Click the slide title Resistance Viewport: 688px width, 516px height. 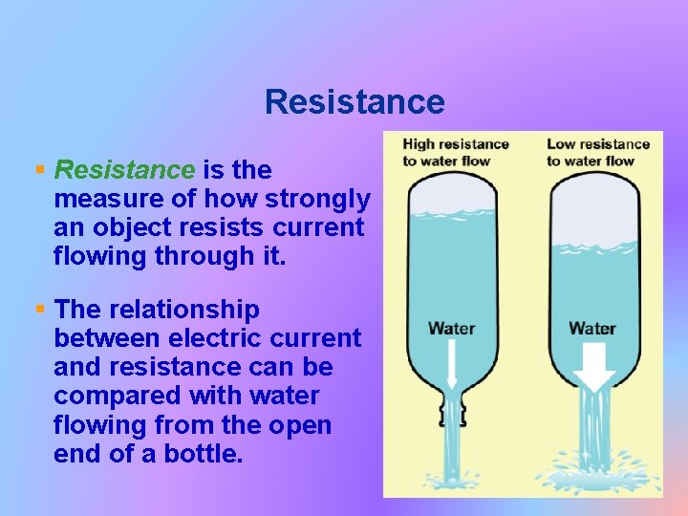pyautogui.click(x=355, y=101)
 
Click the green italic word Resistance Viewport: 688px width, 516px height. pyautogui.click(x=124, y=170)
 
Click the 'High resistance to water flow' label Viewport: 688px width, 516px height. pyautogui.click(x=456, y=152)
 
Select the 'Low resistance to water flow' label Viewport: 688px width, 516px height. pyautogui.click(x=598, y=152)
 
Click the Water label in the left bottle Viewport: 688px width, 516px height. pyautogui.click(x=451, y=328)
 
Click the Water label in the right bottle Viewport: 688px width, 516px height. pyautogui.click(x=592, y=328)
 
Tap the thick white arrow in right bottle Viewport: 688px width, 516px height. pyautogui.click(x=594, y=368)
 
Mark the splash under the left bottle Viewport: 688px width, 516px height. pyautogui.click(x=452, y=475)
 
